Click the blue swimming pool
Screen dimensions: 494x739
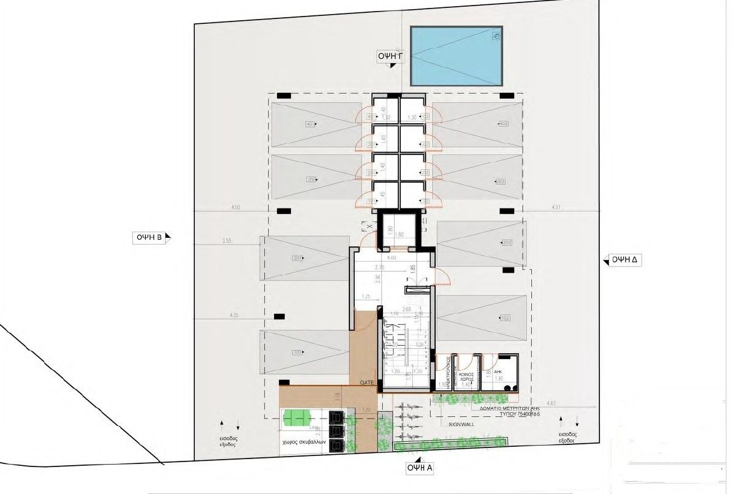coord(455,56)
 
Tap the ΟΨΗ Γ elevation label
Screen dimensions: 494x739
coord(390,56)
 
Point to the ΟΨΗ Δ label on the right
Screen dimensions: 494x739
coord(625,259)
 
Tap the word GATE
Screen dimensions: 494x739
coord(368,382)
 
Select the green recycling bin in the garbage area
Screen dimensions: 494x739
coord(296,419)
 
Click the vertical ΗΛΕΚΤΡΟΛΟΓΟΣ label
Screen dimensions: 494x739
coord(449,372)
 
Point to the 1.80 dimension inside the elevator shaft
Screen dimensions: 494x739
coord(399,235)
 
